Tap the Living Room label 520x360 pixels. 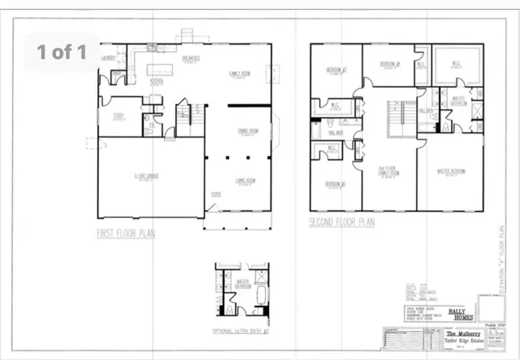(x=237, y=180)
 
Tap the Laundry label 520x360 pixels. (x=109, y=59)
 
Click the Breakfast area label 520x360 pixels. (x=192, y=59)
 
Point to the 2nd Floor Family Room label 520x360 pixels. (x=388, y=171)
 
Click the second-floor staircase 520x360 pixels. (x=396, y=118)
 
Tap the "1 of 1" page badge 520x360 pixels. (x=63, y=52)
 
